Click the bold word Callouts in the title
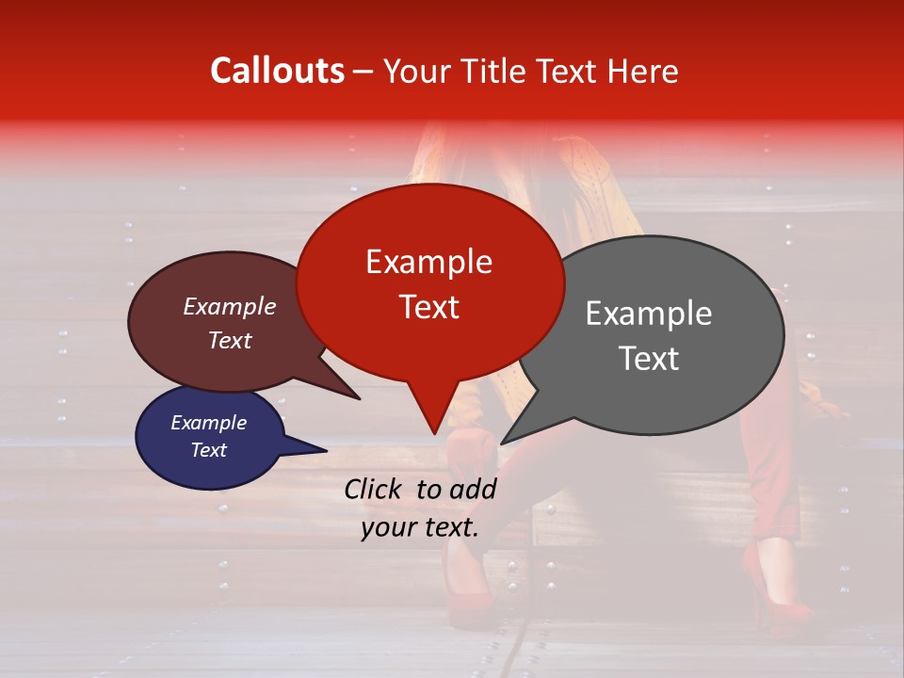coord(277,71)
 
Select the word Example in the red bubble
coord(428,262)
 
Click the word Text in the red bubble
coord(428,307)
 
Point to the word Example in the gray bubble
coord(648,314)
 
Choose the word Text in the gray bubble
coord(648,359)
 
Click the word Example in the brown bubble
coord(229,306)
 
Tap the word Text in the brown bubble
coord(229,340)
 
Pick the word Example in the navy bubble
coord(208,423)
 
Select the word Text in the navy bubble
coord(208,450)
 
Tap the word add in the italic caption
coord(473,489)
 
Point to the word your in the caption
coord(389,528)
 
